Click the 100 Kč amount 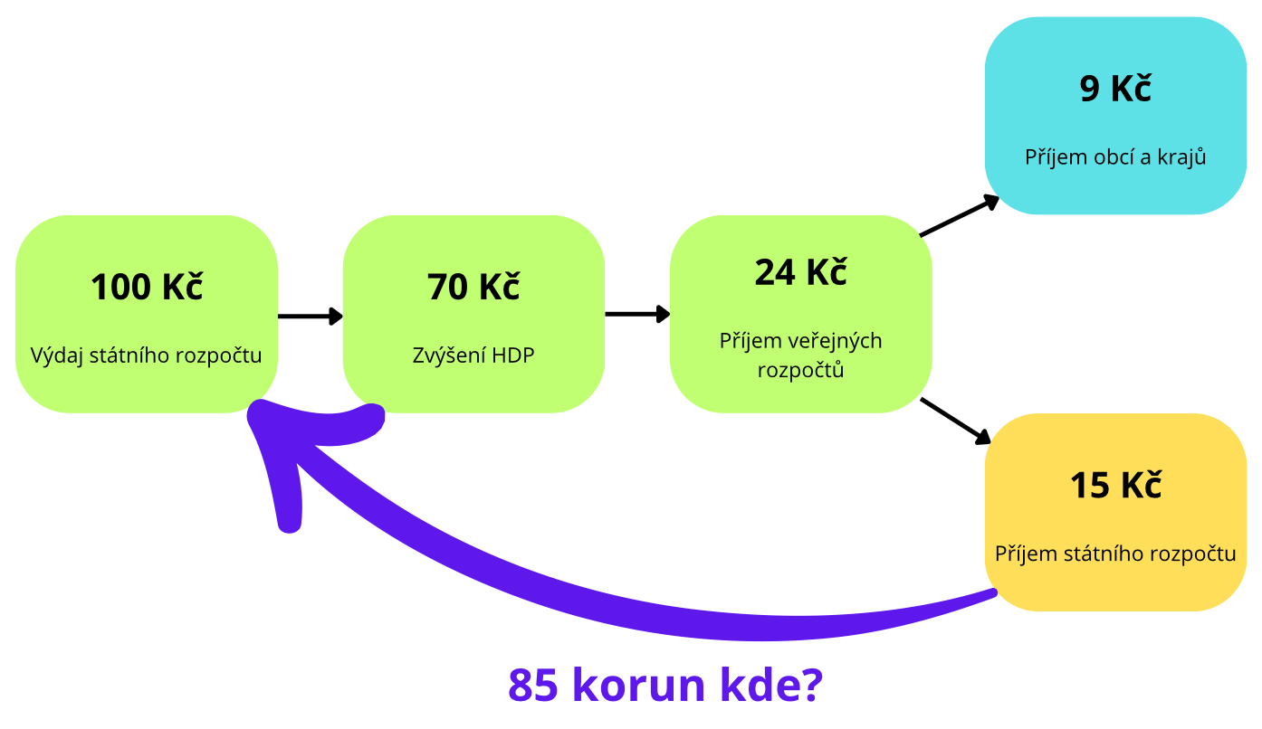coord(147,287)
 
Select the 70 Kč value coord(473,287)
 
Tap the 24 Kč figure coord(800,272)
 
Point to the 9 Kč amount coord(1115,89)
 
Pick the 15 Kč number coord(1115,485)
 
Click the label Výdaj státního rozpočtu coord(147,355)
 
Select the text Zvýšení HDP coord(473,355)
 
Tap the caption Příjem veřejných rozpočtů coord(800,355)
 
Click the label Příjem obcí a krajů coord(1115,157)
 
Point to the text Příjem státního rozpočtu coord(1115,554)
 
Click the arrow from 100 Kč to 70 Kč coord(311,316)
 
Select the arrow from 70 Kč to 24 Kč coord(637,314)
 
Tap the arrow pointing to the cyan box coord(960,215)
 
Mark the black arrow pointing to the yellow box coord(955,421)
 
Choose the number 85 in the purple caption coord(533,685)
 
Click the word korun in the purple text coord(639,685)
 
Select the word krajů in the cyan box coord(1182,157)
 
